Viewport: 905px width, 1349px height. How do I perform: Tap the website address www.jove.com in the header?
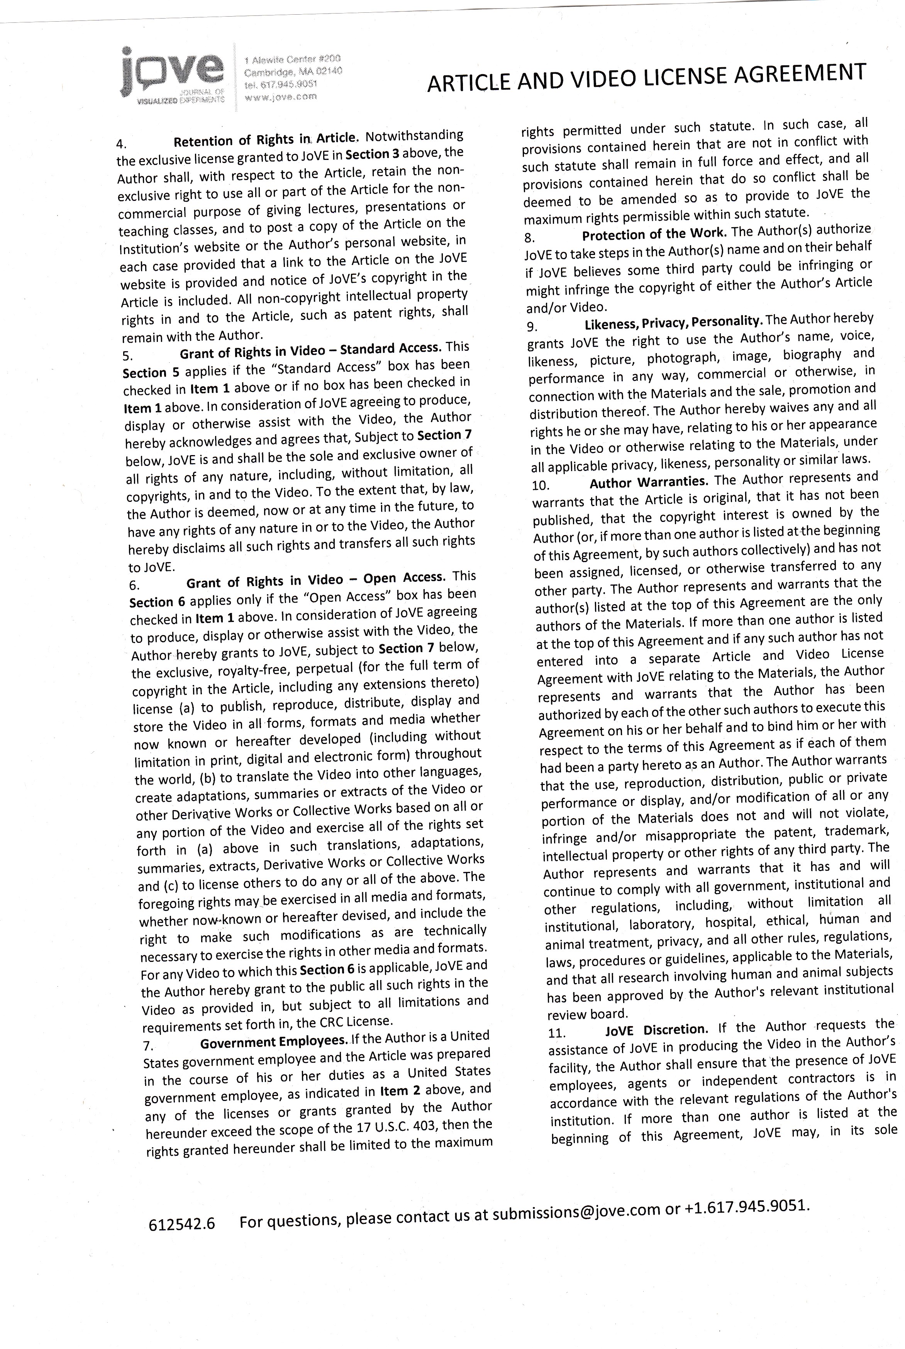point(281,97)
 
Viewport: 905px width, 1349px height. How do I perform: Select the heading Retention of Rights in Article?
point(266,139)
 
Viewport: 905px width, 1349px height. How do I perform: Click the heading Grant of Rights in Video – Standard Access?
point(310,350)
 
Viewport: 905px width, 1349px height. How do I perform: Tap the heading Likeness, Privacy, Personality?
point(674,322)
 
